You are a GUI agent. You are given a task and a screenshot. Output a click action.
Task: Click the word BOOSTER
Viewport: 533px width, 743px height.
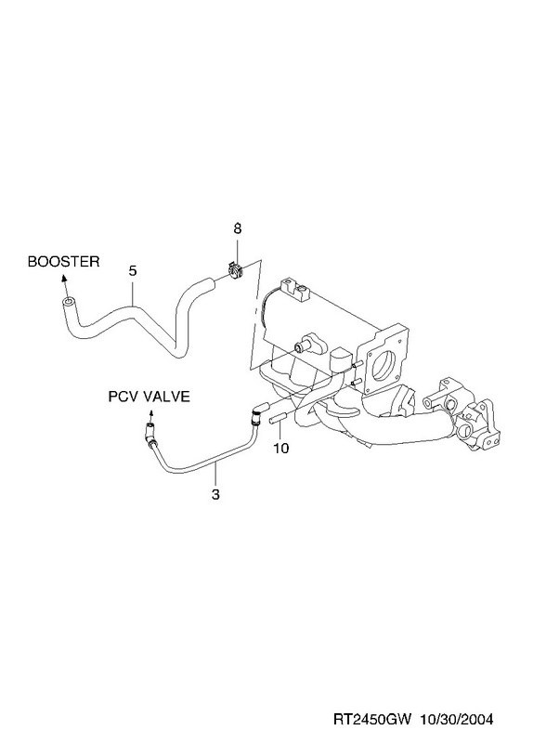pyautogui.click(x=63, y=262)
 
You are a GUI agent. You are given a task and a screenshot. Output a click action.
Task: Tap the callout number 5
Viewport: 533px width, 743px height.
pyautogui.click(x=133, y=271)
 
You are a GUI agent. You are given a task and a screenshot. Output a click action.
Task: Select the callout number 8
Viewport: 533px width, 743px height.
pyautogui.click(x=238, y=228)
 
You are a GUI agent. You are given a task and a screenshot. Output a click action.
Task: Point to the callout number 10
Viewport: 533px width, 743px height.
pyautogui.click(x=281, y=448)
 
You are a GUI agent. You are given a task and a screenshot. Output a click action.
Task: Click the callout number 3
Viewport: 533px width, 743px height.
pyautogui.click(x=215, y=495)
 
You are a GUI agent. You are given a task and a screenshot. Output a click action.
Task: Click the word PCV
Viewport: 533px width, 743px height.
pyautogui.click(x=123, y=397)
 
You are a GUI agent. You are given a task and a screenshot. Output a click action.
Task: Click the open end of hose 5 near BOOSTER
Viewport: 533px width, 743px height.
pyautogui.click(x=68, y=302)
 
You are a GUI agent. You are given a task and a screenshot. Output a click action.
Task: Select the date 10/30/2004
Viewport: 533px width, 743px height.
pyautogui.click(x=456, y=719)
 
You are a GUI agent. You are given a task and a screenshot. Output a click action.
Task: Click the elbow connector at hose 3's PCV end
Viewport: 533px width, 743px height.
pyautogui.click(x=149, y=435)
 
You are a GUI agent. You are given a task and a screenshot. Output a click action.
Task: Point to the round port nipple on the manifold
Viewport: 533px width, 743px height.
pyautogui.click(x=300, y=347)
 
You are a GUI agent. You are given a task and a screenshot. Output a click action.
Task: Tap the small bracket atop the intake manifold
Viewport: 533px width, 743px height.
pyautogui.click(x=294, y=290)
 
